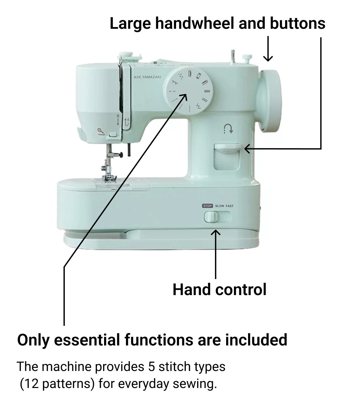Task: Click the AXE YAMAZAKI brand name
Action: [147, 77]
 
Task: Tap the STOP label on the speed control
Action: [207, 206]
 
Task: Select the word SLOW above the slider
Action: [220, 206]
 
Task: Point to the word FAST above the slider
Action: [230, 206]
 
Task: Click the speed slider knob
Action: [211, 217]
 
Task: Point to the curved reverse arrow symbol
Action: [228, 129]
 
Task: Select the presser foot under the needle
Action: [109, 178]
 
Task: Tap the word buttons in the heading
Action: [297, 23]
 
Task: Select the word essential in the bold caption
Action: [87, 340]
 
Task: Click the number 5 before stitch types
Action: [152, 367]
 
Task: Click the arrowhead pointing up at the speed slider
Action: [216, 233]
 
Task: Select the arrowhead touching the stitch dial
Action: [183, 97]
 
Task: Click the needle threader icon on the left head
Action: [101, 132]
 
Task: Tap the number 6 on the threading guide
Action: [118, 116]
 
